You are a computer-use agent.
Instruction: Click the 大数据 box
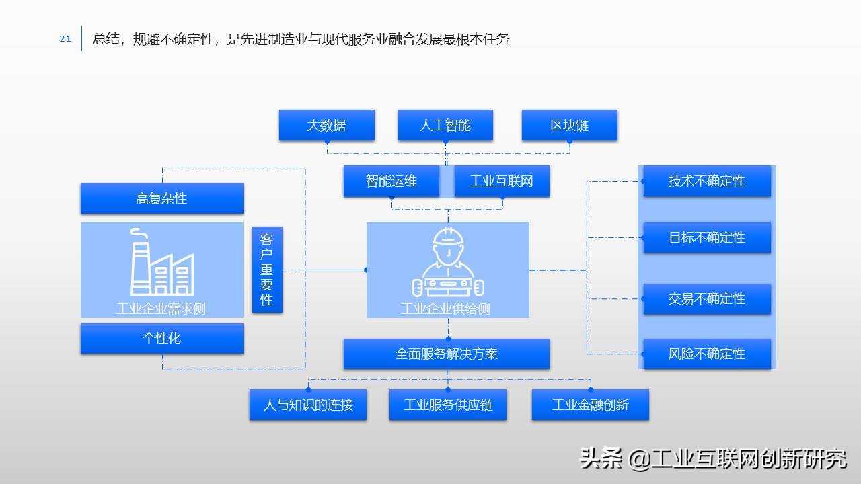click(326, 125)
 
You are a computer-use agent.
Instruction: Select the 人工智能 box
click(445, 125)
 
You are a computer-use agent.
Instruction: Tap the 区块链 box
click(569, 125)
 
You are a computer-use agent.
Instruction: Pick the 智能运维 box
click(391, 181)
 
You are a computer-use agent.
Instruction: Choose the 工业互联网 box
click(501, 181)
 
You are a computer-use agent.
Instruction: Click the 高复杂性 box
click(161, 198)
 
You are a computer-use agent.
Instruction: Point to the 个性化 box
click(161, 338)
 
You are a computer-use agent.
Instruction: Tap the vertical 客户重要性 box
click(267, 269)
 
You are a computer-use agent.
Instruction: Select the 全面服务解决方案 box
click(446, 354)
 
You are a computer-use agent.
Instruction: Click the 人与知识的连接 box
click(308, 405)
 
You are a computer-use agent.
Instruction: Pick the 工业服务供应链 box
click(447, 405)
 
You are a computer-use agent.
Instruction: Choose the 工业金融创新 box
click(590, 405)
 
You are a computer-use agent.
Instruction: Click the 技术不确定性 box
click(706, 181)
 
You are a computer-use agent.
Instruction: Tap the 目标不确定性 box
click(706, 237)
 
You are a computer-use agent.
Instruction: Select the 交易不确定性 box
click(706, 298)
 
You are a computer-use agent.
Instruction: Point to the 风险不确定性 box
click(706, 354)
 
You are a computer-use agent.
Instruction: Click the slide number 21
click(65, 39)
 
